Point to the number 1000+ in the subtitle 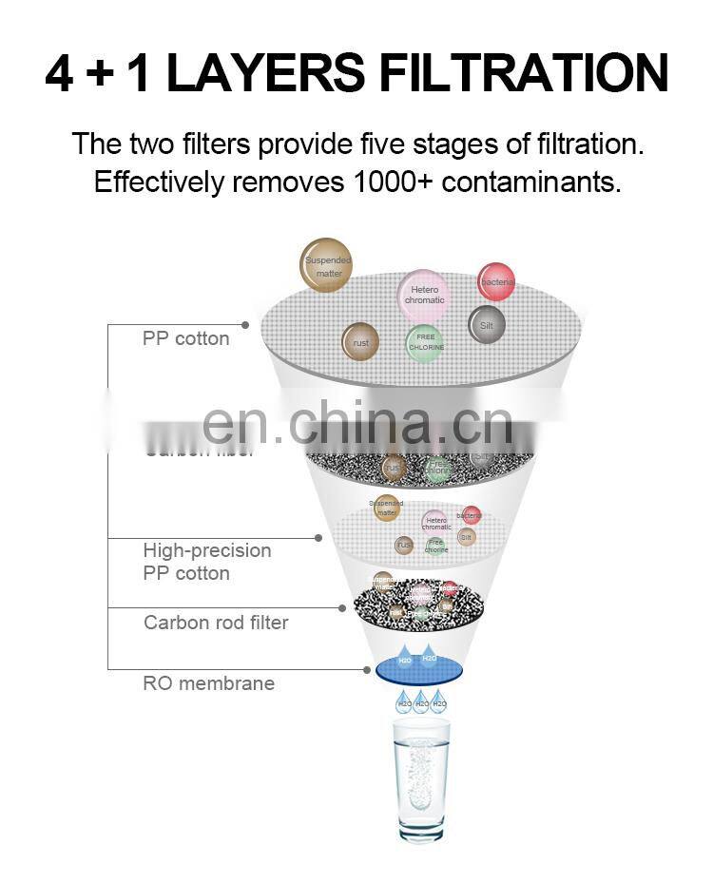(x=389, y=182)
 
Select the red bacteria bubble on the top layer (x=496, y=281)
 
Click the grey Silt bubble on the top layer (x=487, y=325)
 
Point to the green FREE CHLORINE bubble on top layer (x=425, y=342)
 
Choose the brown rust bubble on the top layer (x=360, y=342)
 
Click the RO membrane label (x=208, y=683)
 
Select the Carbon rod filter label (x=216, y=623)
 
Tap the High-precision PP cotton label (x=207, y=562)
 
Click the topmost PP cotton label (x=185, y=338)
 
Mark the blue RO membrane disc (x=420, y=668)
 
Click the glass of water (x=421, y=779)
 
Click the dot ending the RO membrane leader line (x=367, y=669)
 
